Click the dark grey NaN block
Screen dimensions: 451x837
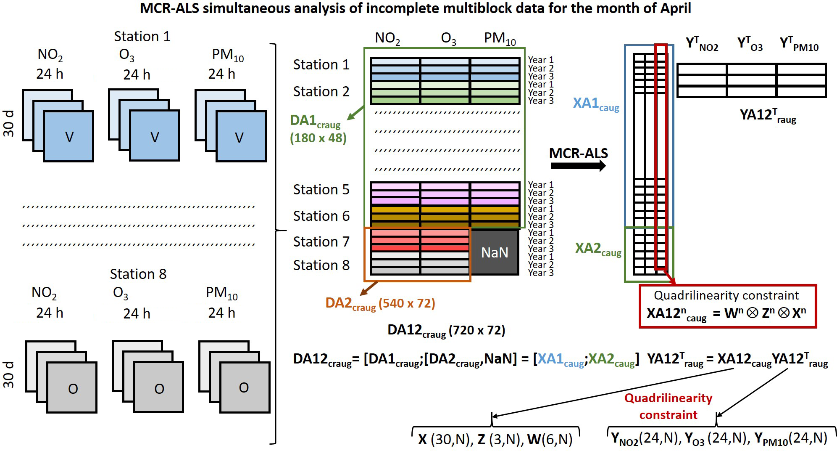point(495,252)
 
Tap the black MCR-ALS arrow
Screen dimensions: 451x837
point(578,165)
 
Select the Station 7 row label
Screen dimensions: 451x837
point(321,241)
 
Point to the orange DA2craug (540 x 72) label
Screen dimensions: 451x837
point(380,303)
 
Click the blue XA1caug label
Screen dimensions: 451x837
point(596,103)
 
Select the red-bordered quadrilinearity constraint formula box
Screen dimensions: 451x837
point(727,306)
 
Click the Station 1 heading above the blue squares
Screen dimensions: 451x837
point(142,37)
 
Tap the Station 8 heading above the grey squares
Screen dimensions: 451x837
point(138,274)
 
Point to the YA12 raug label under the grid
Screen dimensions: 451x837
point(768,115)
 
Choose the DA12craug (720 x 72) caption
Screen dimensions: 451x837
point(446,331)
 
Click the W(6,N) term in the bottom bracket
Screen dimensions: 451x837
point(550,439)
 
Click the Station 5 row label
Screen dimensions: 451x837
point(321,190)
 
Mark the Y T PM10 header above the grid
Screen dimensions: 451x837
point(799,44)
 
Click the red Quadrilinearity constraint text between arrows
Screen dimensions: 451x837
point(669,406)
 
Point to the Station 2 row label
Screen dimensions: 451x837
point(321,92)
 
